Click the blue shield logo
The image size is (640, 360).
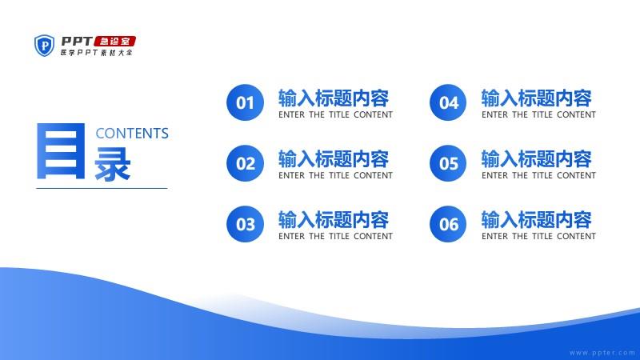(44, 46)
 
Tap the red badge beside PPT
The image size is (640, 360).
(114, 42)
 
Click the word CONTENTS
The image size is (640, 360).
(132, 134)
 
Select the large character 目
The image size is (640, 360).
(61, 151)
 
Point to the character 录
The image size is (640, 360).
(113, 164)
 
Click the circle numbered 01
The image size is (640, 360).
(245, 102)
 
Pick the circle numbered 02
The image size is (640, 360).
(245, 163)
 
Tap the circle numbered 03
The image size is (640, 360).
(245, 224)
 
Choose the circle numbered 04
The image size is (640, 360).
(448, 102)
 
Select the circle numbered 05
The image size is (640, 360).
(448, 163)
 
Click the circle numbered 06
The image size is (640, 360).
(448, 224)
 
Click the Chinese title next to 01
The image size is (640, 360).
(334, 98)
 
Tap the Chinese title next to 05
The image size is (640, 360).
(537, 158)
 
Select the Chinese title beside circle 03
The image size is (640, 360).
(334, 219)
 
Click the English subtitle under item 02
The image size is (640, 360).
(335, 175)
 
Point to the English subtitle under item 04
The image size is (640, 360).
(538, 114)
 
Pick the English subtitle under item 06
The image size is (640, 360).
(538, 236)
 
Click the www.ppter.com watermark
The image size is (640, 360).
(602, 353)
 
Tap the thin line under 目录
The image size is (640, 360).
(102, 188)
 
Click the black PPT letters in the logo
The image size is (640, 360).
(77, 42)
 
